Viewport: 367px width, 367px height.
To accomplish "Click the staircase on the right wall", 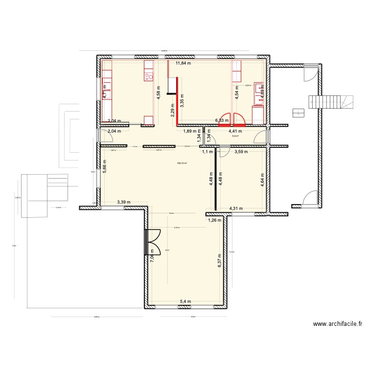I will coord(330,102).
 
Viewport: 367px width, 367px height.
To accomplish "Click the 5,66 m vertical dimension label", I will coord(105,167).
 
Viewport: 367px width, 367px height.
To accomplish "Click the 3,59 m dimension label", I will coord(241,152).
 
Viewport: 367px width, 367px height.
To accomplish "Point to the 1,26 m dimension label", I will coord(215,220).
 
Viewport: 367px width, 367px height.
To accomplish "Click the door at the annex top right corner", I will coord(309,73).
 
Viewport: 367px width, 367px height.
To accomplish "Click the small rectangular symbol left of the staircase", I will coord(297,113).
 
